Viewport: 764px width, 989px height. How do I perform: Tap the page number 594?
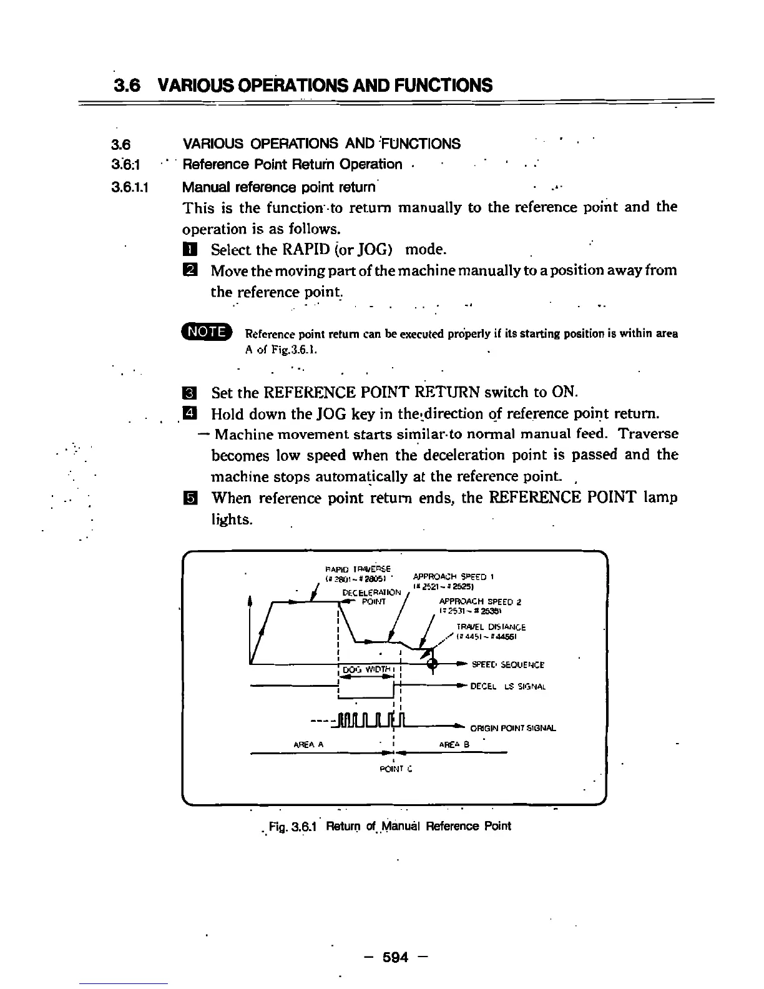tap(395, 957)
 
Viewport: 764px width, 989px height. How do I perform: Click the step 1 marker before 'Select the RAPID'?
tap(190, 250)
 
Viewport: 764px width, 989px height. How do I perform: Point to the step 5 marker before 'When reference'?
tap(190, 498)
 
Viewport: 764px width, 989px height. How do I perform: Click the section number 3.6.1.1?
tap(127, 187)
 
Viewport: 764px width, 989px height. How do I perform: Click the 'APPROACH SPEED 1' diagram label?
tap(454, 577)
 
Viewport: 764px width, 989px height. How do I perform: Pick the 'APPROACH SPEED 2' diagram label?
tap(480, 603)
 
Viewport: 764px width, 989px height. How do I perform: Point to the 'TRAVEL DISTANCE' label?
tap(491, 627)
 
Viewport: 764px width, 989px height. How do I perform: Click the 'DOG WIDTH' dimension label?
tap(366, 669)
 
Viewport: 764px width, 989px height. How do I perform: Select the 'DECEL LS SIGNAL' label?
tap(507, 687)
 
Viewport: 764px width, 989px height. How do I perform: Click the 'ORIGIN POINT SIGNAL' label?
tap(512, 728)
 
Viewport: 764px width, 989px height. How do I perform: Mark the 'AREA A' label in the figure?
tap(308, 744)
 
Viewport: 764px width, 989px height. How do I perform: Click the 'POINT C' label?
tap(396, 769)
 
